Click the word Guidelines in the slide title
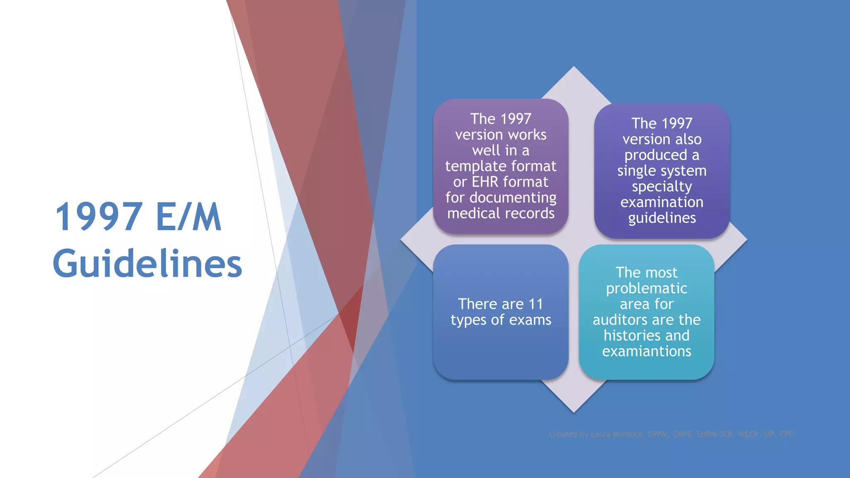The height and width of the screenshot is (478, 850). (x=147, y=263)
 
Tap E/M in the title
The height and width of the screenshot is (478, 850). (x=189, y=217)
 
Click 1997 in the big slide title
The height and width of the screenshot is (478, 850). (x=99, y=217)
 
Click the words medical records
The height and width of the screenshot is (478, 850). (x=501, y=213)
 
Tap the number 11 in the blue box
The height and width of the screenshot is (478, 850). (x=536, y=304)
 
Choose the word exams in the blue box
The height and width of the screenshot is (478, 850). (x=530, y=320)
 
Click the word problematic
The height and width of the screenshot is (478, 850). (x=646, y=288)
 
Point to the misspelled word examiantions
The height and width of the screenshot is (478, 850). (x=646, y=351)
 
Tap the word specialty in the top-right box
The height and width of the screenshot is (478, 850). (x=662, y=187)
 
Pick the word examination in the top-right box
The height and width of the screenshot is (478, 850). (x=662, y=202)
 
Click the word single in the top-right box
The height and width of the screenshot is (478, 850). (x=635, y=171)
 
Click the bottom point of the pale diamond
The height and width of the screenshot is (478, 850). (x=574, y=411)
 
